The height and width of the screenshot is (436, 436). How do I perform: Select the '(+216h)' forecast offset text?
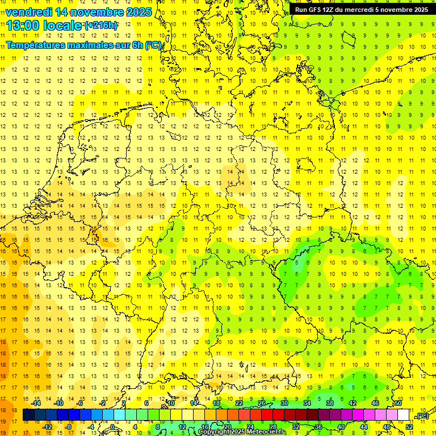(x=101, y=26)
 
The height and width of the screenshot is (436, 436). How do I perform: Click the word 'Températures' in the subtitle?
(x=37, y=44)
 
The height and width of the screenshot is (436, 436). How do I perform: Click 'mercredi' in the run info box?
(x=362, y=10)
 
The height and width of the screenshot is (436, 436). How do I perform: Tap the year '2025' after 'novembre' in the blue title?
(x=139, y=12)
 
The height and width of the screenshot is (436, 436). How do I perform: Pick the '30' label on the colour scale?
(x=284, y=403)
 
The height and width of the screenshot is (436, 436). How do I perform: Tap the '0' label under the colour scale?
(x=113, y=427)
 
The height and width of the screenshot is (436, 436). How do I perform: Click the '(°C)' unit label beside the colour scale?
(x=422, y=416)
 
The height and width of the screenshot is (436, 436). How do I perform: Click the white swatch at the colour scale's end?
(x=404, y=415)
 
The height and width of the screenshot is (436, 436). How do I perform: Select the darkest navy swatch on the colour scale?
(x=28, y=415)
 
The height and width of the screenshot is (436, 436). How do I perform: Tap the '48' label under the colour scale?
(x=387, y=427)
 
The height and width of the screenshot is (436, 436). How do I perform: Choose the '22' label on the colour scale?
(x=239, y=403)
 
